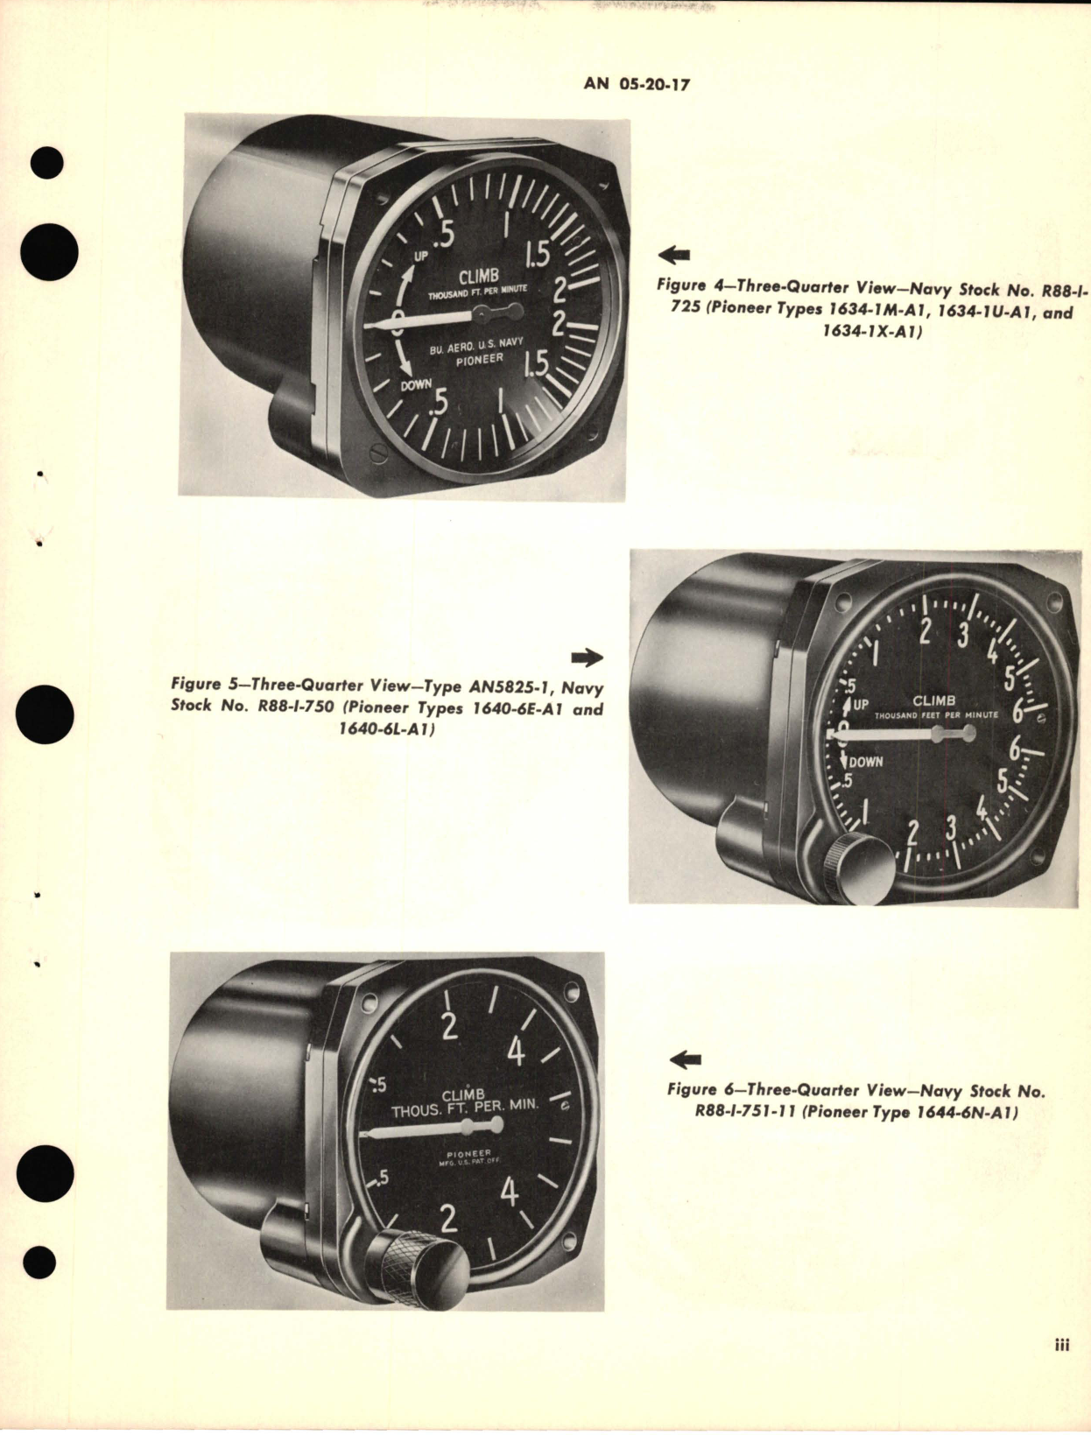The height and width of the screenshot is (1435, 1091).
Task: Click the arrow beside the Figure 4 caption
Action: click(x=673, y=256)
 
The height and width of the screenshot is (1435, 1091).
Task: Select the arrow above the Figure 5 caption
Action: click(x=587, y=658)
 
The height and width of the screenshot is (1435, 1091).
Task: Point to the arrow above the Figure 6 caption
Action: click(x=685, y=1061)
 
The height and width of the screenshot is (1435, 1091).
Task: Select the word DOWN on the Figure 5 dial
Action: click(x=865, y=762)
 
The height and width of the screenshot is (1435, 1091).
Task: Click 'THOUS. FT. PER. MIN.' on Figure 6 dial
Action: click(x=465, y=1106)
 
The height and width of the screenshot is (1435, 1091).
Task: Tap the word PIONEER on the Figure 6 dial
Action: click(x=468, y=1153)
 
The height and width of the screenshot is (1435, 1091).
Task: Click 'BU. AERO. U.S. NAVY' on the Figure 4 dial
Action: click(x=474, y=345)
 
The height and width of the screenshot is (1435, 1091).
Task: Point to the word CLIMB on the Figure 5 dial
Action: click(x=935, y=701)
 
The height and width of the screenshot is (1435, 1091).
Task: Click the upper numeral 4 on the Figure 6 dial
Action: click(x=516, y=1051)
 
